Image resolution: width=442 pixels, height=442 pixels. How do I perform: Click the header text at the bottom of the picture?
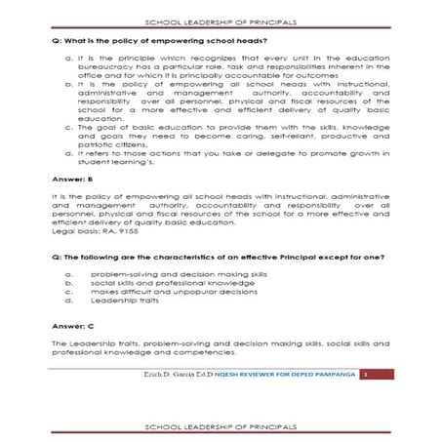coord(221,426)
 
